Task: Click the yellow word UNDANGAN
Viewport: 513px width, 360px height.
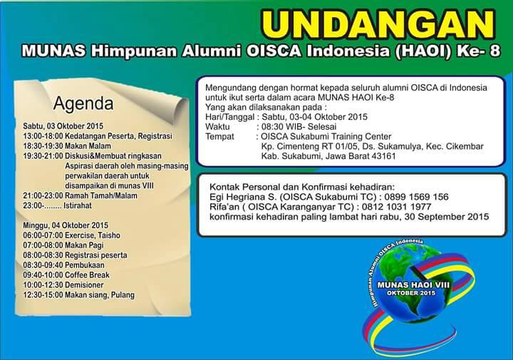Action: [378, 24]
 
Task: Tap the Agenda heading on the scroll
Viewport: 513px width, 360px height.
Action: [83, 103]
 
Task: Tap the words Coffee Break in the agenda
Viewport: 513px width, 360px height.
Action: [87, 275]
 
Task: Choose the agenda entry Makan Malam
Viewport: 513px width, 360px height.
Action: [88, 146]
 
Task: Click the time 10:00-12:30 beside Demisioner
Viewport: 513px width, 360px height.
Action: [43, 285]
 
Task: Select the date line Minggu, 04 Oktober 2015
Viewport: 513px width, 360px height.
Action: [66, 225]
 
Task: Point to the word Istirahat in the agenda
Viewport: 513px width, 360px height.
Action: [78, 205]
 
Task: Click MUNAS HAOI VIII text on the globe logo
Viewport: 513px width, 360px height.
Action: [413, 284]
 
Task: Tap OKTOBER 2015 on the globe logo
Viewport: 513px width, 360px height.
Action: [411, 293]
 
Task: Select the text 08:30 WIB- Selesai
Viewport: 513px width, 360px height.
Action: [299, 127]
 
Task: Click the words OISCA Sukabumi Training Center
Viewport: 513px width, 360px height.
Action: [326, 136]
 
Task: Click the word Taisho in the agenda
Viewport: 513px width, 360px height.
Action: [109, 235]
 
